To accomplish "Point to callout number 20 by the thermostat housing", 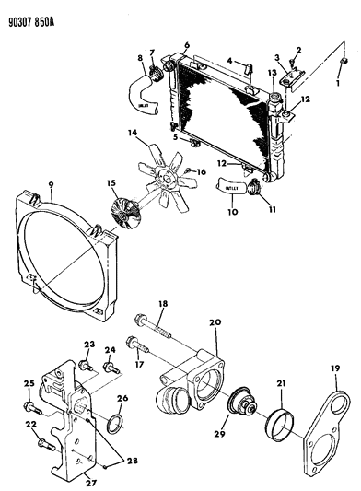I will coord(215,322).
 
